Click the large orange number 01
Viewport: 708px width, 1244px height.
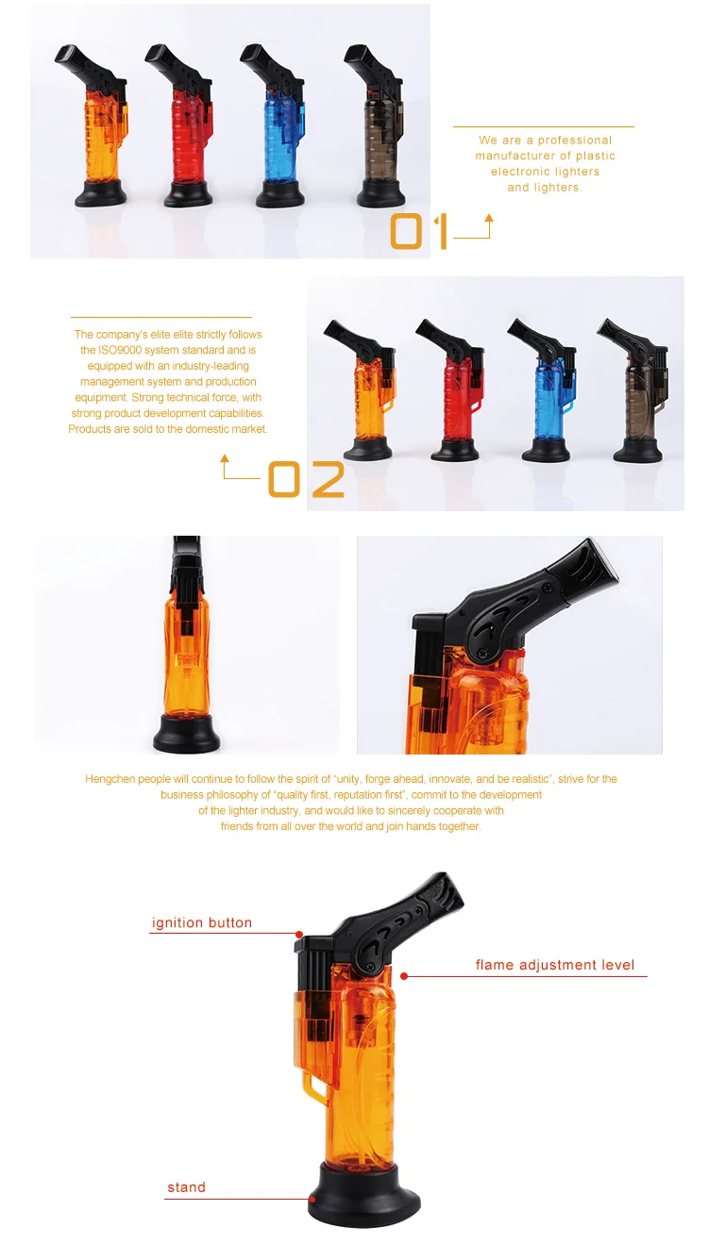419,232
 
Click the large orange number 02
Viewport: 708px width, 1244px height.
306,480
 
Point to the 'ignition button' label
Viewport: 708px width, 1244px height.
202,922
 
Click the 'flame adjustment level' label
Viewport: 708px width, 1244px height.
555,965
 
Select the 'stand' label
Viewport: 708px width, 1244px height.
186,1187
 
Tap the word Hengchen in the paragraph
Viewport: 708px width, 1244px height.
110,779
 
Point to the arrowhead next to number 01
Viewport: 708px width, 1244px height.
488,219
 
